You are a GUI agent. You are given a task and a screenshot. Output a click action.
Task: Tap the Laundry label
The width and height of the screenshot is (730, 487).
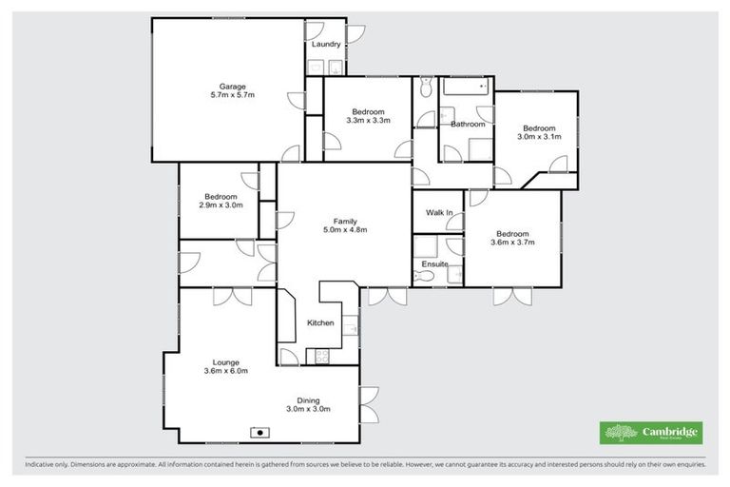(x=326, y=45)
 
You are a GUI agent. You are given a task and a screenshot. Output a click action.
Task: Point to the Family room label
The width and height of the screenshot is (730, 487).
(x=344, y=221)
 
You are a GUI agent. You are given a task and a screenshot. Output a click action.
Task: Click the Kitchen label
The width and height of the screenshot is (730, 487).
(x=320, y=323)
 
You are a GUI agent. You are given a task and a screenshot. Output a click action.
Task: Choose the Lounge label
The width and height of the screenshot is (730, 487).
(x=225, y=361)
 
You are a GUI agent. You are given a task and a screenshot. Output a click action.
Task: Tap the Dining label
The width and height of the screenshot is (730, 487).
(x=307, y=400)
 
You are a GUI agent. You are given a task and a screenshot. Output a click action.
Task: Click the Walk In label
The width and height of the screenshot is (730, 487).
(x=438, y=212)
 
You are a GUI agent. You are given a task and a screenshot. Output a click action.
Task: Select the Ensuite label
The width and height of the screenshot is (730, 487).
(x=435, y=263)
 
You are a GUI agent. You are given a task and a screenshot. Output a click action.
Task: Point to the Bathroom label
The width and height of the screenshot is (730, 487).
(x=468, y=125)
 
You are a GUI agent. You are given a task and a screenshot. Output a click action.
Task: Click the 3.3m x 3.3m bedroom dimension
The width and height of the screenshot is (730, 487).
(x=368, y=120)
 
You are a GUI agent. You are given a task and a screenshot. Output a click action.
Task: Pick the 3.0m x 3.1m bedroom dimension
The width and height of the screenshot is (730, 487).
(x=539, y=137)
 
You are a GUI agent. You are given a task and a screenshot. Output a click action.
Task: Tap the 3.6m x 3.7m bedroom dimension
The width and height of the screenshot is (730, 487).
(x=512, y=243)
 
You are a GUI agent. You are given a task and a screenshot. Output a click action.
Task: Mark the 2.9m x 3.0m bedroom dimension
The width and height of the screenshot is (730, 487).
(x=221, y=205)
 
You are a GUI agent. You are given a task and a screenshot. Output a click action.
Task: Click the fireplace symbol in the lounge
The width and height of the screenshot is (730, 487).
(x=259, y=433)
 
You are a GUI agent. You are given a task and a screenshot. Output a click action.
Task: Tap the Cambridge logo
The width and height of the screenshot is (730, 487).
(x=652, y=433)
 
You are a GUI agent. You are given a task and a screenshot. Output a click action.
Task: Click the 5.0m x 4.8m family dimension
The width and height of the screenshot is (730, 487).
(x=344, y=230)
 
